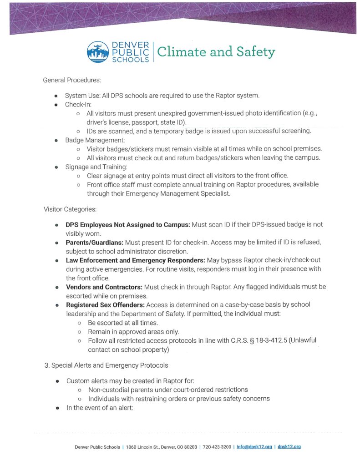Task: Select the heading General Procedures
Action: pyautogui.click(x=71, y=80)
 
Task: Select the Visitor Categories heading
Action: pyautogui.click(x=70, y=209)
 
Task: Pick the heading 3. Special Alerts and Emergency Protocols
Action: pyautogui.click(x=106, y=365)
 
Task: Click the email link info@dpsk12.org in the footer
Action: pyautogui.click(x=254, y=447)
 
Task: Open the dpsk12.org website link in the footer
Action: pyautogui.click(x=289, y=447)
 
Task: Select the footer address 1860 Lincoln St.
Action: pyautogui.click(x=143, y=447)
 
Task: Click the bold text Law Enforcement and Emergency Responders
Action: pyautogui.click(x=135, y=260)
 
